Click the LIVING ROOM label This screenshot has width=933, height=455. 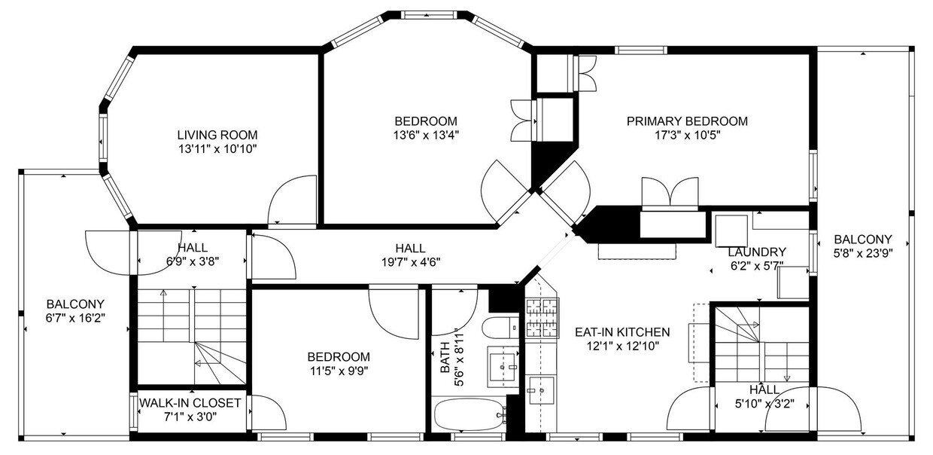217,135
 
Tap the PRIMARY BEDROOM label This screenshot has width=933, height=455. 687,121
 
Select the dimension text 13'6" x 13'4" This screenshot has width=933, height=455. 426,136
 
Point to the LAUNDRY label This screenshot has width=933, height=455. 756,252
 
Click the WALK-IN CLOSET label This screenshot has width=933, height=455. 190,403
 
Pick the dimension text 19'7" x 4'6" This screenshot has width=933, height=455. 410,262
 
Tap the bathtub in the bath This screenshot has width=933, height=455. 469,414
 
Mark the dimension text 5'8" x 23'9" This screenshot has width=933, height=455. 863,254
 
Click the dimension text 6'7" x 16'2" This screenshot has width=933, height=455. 74,318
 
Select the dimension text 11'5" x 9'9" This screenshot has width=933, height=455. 339,370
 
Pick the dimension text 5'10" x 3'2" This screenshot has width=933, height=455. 764,403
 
